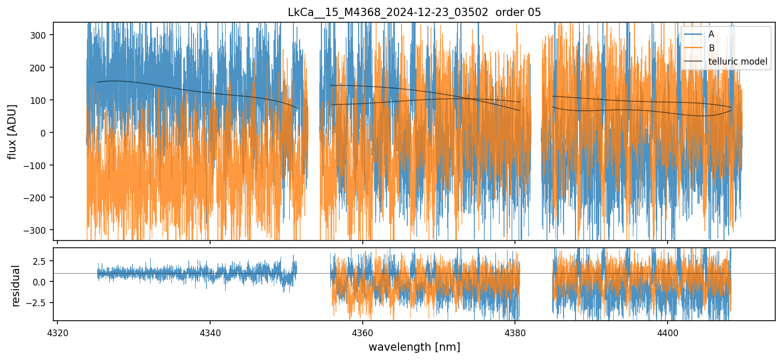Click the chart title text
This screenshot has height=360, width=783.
414,12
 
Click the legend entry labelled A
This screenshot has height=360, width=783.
711,34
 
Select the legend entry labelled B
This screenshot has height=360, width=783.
711,48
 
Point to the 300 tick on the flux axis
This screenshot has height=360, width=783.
41,35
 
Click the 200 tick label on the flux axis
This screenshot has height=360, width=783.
41,68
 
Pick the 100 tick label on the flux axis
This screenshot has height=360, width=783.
41,100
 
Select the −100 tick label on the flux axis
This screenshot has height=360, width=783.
39,166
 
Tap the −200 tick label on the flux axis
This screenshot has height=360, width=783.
39,198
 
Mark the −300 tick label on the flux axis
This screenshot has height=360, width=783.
39,230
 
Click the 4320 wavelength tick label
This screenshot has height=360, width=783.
57,331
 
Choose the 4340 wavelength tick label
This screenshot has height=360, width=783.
210,331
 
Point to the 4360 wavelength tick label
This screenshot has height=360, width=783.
362,331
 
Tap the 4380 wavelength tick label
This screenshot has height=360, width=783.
515,331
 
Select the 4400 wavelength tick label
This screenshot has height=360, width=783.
667,331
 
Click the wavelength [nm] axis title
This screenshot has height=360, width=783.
414,347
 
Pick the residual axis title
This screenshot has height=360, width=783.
16,286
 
